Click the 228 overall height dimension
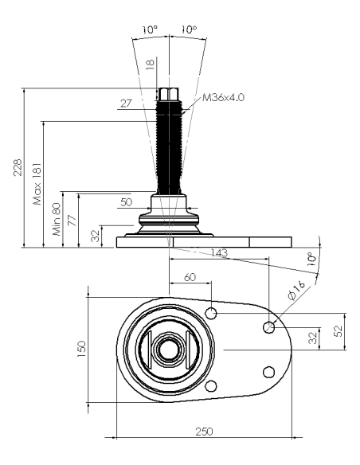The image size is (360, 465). click(18, 167)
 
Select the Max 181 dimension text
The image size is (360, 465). click(37, 184)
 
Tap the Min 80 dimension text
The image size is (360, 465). click(57, 219)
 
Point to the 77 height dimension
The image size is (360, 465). click(72, 221)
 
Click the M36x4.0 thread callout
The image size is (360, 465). click(223, 97)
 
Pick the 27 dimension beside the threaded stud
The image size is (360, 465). click(126, 104)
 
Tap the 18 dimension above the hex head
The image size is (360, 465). click(151, 64)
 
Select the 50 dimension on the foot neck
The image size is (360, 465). click(127, 202)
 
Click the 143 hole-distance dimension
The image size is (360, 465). click(220, 252)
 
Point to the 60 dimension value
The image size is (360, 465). click(190, 277)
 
